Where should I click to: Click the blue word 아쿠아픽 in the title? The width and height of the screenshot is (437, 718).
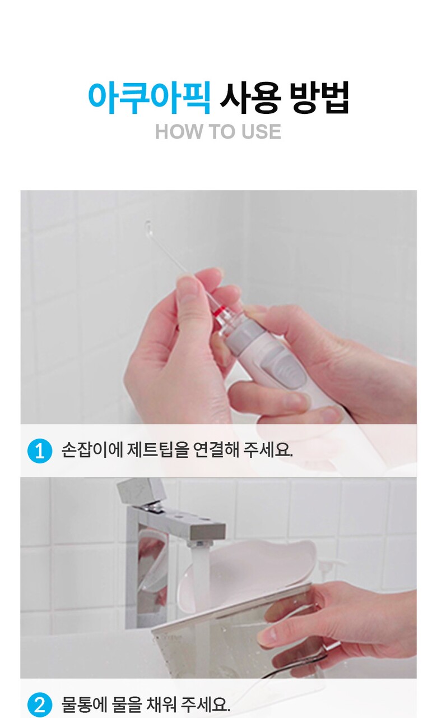click(x=149, y=98)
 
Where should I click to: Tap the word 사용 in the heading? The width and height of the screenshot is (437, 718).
click(x=250, y=98)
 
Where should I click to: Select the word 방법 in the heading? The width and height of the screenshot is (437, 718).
click(x=319, y=98)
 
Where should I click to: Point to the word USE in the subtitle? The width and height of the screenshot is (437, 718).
click(x=261, y=131)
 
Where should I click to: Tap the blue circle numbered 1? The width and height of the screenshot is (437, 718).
click(x=40, y=451)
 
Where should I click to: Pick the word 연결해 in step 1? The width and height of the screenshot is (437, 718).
click(x=217, y=450)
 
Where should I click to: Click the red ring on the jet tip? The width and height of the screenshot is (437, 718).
click(x=218, y=310)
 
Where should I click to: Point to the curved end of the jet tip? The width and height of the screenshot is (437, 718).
click(x=148, y=226)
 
